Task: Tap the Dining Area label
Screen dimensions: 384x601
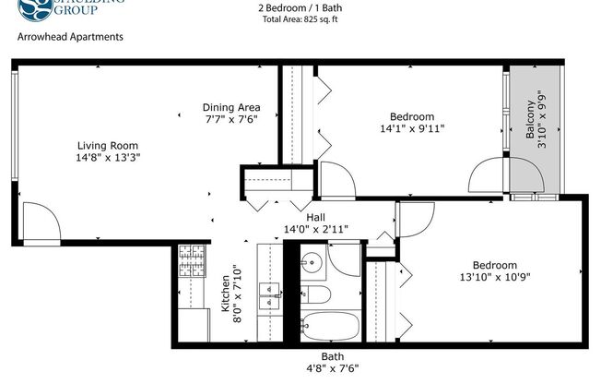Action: pyautogui.click(x=231, y=106)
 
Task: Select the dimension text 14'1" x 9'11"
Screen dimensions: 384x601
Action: pyautogui.click(x=411, y=129)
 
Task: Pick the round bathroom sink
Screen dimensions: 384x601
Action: pyautogui.click(x=312, y=261)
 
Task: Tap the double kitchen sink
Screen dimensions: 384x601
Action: pyautogui.click(x=269, y=295)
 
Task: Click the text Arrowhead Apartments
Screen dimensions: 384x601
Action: pyautogui.click(x=70, y=38)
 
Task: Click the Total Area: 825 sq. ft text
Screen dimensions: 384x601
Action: pyautogui.click(x=300, y=18)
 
